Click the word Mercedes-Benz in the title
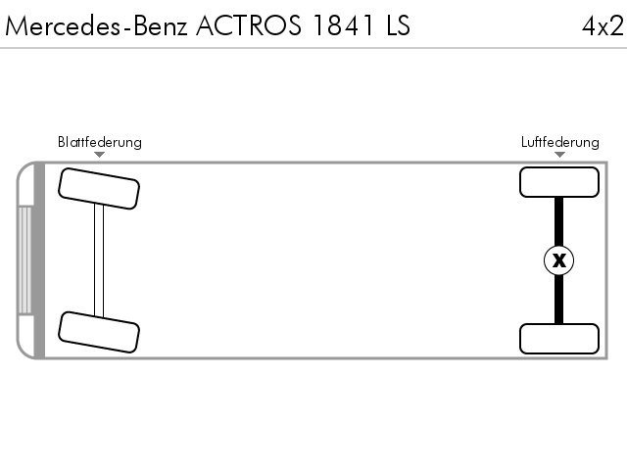[96, 25]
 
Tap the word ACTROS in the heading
[248, 25]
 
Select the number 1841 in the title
[344, 25]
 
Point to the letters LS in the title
[399, 25]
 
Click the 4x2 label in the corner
[603, 26]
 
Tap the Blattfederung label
[100, 142]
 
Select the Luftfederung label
[559, 142]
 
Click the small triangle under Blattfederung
[99, 155]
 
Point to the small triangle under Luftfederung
[559, 155]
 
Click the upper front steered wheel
[99, 189]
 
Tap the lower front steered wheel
[99, 332]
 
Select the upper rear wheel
[559, 182]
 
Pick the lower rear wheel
[559, 339]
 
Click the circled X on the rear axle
[559, 260]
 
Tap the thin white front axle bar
[99, 260]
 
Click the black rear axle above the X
[559, 221]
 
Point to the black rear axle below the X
[559, 300]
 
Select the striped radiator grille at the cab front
[24, 260]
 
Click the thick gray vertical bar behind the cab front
[39, 260]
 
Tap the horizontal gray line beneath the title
[313, 48]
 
